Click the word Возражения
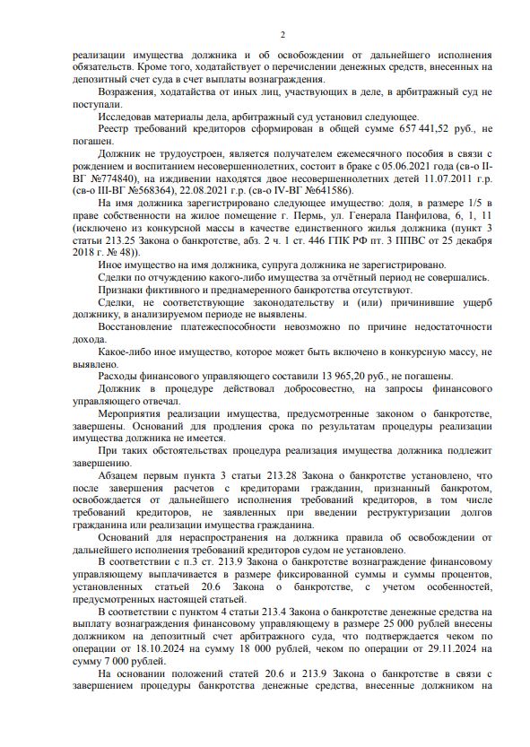(x=131, y=91)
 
